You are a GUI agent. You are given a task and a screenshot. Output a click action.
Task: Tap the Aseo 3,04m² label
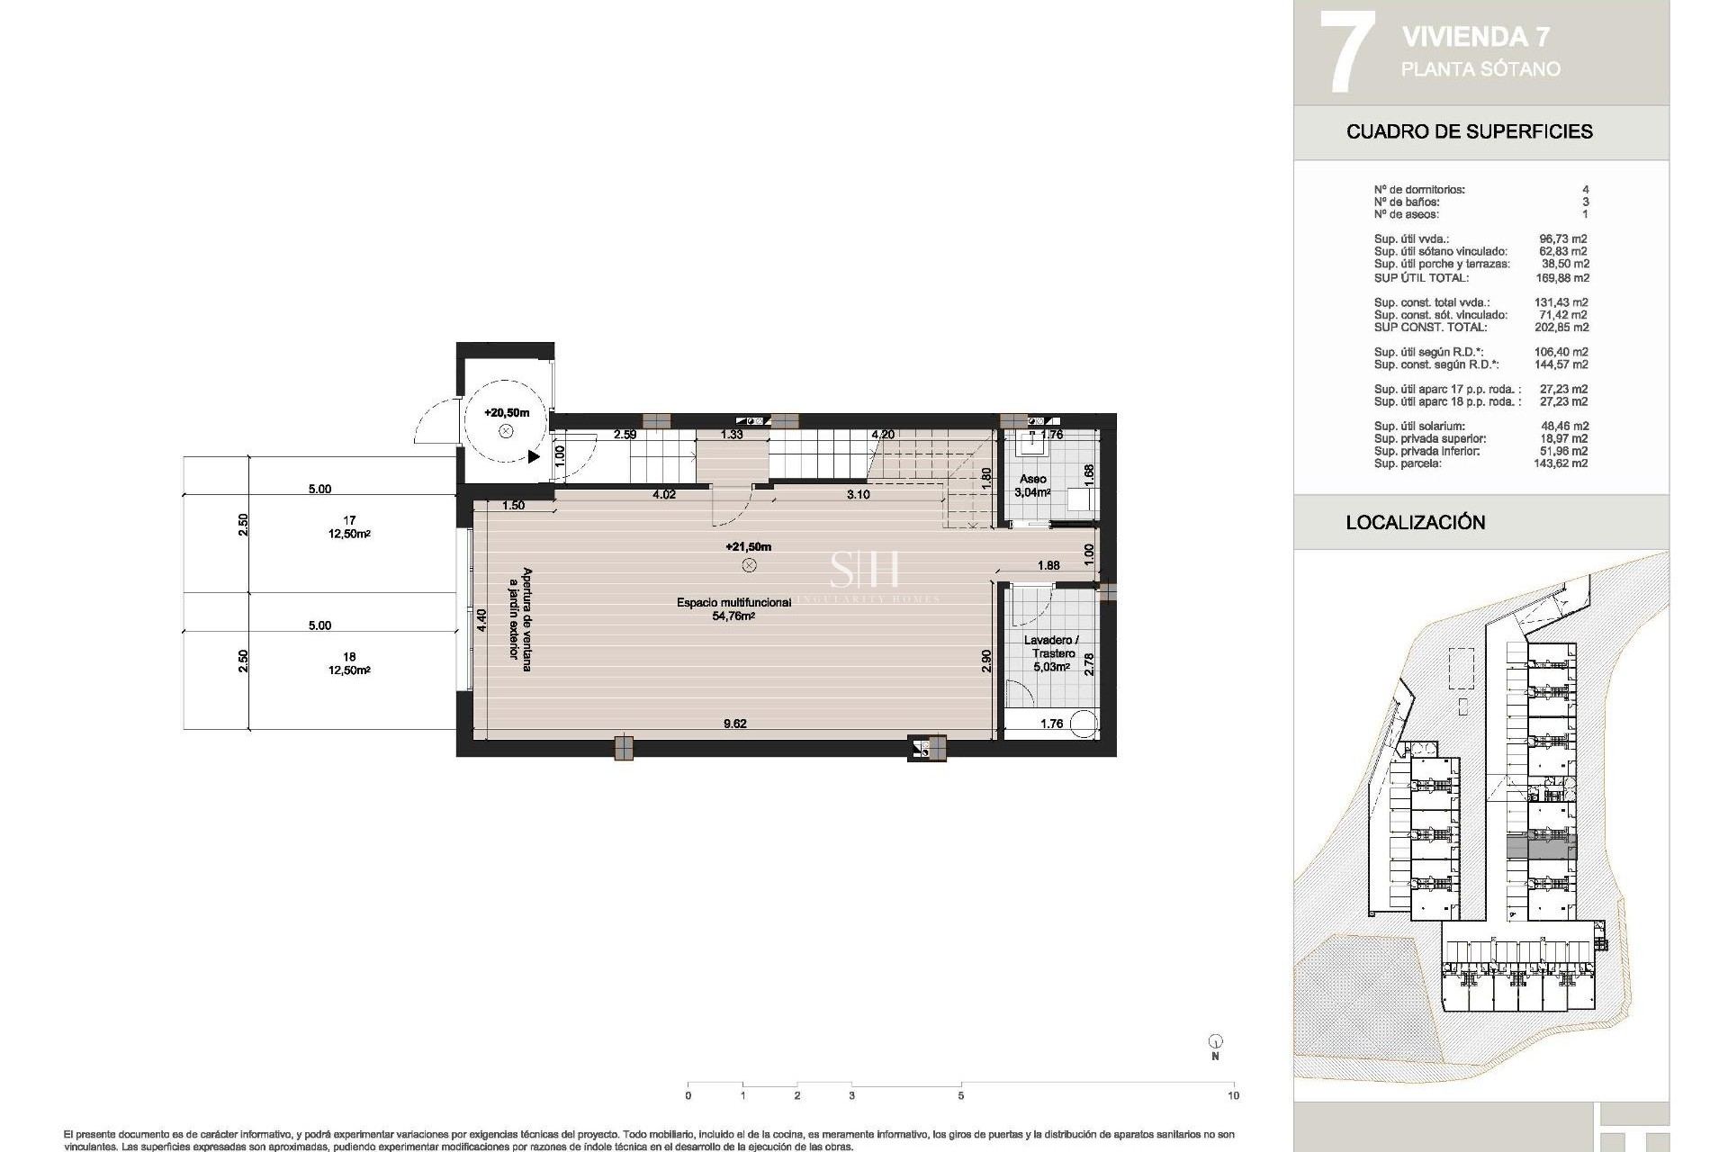[x=1032, y=486]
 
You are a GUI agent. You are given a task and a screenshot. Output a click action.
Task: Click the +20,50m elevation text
[x=506, y=413]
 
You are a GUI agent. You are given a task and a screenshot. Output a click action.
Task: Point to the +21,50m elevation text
[x=748, y=546]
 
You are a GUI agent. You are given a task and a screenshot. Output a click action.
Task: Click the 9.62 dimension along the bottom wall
[x=735, y=724]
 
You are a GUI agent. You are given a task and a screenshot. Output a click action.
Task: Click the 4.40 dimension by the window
[x=481, y=621]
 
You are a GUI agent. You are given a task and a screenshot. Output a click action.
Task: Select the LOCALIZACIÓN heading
[x=1415, y=522]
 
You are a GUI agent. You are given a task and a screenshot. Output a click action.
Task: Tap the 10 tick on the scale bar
[x=1233, y=1095]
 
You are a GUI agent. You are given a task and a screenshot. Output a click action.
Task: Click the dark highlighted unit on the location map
[x=1541, y=847]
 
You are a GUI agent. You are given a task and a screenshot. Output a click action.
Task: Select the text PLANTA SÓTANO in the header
[x=1480, y=69]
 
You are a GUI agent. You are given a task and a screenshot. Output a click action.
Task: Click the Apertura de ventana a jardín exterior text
[x=520, y=614]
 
